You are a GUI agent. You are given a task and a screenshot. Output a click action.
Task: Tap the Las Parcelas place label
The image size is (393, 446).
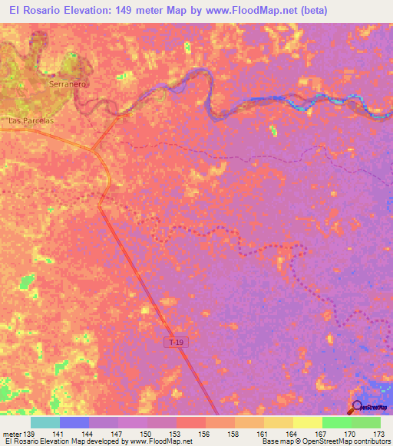click(31, 121)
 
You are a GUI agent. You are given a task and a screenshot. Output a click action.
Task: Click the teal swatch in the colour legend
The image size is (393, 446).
click(45, 422)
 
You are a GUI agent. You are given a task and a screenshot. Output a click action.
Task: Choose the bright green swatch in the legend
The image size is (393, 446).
click(336, 422)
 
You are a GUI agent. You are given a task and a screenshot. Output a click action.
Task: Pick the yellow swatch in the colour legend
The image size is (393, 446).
click(307, 422)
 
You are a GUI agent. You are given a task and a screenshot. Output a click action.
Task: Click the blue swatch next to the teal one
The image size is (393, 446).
click(74, 422)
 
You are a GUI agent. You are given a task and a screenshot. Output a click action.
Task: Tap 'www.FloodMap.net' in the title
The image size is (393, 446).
click(248, 11)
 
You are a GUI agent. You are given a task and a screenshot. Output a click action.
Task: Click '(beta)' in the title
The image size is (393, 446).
click(314, 11)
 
